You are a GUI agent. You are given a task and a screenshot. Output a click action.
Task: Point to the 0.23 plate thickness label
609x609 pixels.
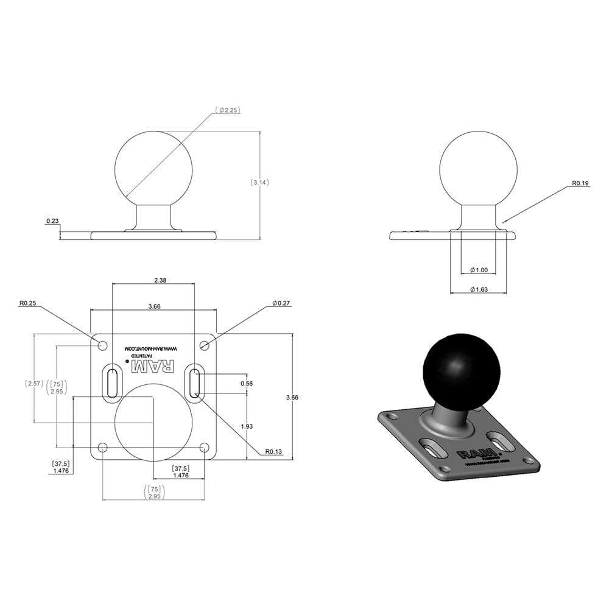click(x=52, y=222)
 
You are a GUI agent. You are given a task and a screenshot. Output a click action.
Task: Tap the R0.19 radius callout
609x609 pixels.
click(x=580, y=183)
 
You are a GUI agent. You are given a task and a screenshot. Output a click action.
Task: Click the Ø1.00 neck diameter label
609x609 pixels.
click(x=479, y=270)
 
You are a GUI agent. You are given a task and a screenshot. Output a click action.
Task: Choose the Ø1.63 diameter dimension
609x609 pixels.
click(x=479, y=289)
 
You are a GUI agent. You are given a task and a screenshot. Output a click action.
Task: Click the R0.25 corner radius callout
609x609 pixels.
click(x=27, y=303)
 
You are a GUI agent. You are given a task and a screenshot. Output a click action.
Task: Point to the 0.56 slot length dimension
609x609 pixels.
click(x=247, y=384)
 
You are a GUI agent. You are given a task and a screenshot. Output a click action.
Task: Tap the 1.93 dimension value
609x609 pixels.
click(x=247, y=426)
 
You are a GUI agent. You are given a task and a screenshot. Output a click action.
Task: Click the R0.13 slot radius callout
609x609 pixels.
click(x=273, y=452)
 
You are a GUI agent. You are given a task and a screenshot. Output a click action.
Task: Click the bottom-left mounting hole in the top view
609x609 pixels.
click(x=102, y=448)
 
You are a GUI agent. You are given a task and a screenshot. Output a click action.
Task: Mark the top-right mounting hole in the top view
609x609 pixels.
click(x=205, y=345)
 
